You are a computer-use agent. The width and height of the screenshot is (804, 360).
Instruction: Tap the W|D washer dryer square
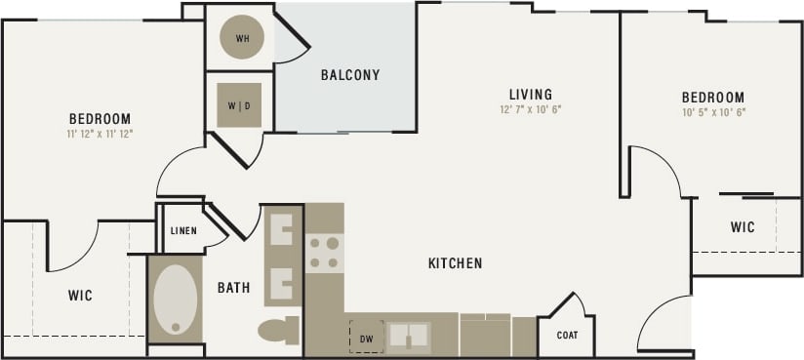(x=240, y=104)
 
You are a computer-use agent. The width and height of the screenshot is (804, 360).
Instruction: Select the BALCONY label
(x=350, y=75)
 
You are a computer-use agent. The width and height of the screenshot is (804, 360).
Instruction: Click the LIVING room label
(x=531, y=95)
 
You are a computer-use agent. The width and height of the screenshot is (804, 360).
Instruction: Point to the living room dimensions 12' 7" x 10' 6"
(x=531, y=109)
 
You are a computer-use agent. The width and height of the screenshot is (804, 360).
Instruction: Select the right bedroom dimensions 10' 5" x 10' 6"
(x=712, y=112)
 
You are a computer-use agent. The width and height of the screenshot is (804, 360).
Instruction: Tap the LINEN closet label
(x=183, y=231)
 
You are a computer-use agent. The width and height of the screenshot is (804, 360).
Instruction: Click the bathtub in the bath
(x=176, y=300)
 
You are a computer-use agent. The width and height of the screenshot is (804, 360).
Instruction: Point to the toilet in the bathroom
(x=279, y=330)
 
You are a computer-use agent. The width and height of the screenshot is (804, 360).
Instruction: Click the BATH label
(x=233, y=288)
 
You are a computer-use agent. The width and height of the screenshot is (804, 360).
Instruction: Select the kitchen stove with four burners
(x=324, y=253)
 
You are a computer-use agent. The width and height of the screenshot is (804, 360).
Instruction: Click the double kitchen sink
(x=408, y=338)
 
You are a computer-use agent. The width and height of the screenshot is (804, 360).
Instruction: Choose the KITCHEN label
(x=455, y=263)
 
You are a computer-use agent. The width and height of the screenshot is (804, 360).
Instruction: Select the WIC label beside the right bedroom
(x=743, y=227)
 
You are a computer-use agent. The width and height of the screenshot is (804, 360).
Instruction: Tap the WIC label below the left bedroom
(x=80, y=295)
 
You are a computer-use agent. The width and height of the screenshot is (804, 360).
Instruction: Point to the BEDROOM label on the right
(x=712, y=98)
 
